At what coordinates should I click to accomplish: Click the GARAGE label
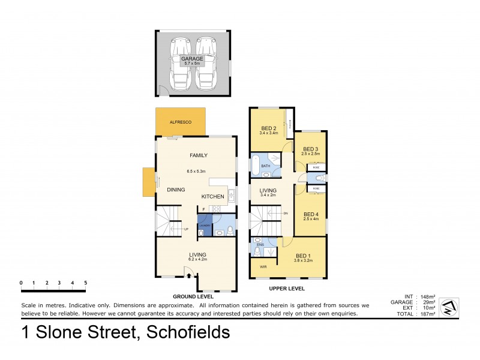pyautogui.click(x=192, y=59)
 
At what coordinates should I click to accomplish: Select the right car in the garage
pyautogui.click(x=206, y=64)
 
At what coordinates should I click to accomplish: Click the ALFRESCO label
pyautogui.click(x=180, y=122)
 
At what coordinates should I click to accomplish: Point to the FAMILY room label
pyautogui.click(x=199, y=155)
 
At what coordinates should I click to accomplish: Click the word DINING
pyautogui.click(x=176, y=190)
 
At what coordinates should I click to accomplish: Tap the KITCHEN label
pyautogui.click(x=212, y=197)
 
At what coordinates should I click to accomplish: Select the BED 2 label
pyautogui.click(x=268, y=128)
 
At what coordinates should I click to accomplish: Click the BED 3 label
pyautogui.click(x=310, y=149)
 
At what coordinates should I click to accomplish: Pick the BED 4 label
pyautogui.click(x=310, y=214)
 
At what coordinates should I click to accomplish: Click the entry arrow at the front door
pyautogui.click(x=190, y=275)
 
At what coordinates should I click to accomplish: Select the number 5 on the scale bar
pyautogui.click(x=85, y=283)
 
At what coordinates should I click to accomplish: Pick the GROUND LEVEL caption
pyautogui.click(x=193, y=296)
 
